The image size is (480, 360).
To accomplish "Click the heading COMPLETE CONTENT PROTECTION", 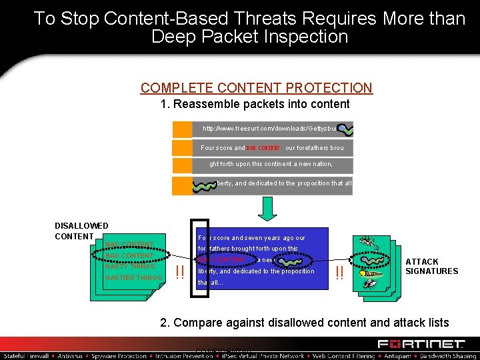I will click(256, 87).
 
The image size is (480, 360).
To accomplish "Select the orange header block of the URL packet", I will click(182, 129).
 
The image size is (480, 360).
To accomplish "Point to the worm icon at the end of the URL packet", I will click(345, 129).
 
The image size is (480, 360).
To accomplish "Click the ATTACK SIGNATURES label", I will click(431, 266).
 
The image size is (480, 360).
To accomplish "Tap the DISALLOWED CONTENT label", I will click(81, 231).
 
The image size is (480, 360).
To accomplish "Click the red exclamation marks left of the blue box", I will click(179, 272).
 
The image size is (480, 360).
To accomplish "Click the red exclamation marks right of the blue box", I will click(340, 272).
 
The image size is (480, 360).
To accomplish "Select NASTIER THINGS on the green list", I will click(133, 277).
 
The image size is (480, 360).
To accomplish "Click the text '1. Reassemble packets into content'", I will click(255, 104).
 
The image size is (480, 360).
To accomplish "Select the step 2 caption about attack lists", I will click(305, 323).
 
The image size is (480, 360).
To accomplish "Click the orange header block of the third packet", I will click(182, 165).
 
